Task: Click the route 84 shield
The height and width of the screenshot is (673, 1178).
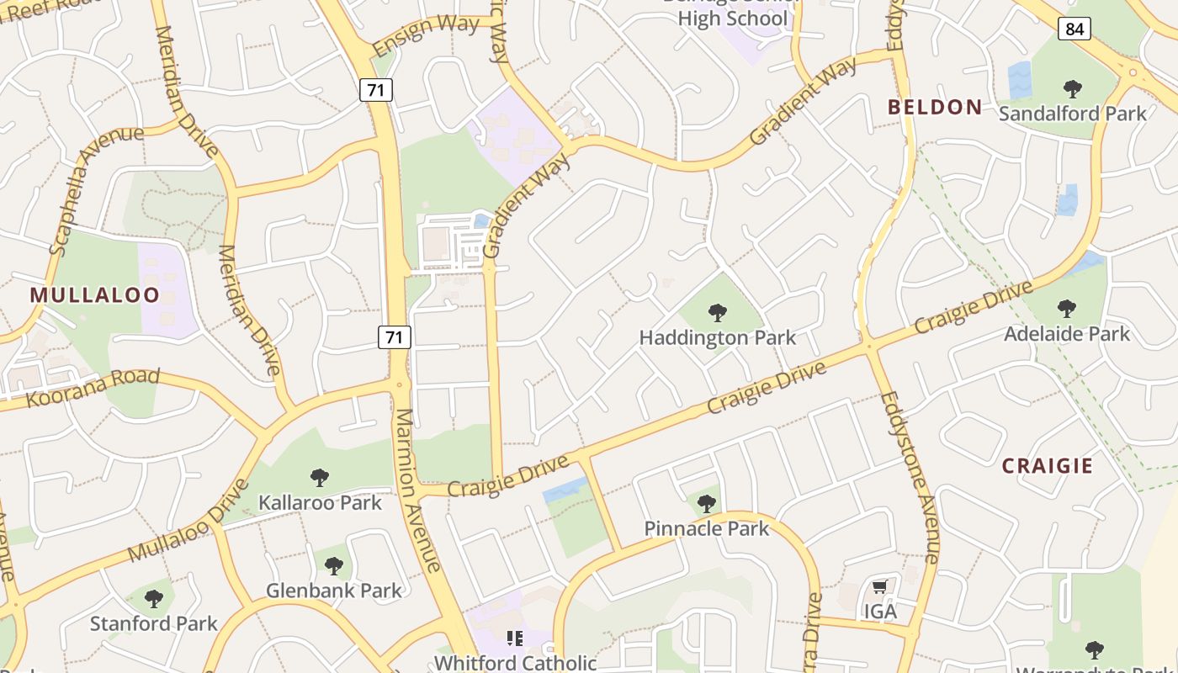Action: pos(1075,29)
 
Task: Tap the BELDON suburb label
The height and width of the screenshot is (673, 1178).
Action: pos(935,107)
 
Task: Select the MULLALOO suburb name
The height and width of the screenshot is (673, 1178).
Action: pos(94,295)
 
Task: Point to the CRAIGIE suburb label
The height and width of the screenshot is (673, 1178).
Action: pos(1047,466)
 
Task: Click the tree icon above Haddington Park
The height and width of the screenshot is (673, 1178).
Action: pos(718,314)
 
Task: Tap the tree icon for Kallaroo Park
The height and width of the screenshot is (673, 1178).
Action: pos(320,478)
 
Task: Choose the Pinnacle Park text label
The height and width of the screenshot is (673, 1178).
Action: pos(706,528)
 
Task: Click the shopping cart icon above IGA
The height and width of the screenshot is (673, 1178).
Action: pos(880,586)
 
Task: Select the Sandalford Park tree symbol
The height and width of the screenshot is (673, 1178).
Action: pos(1072,88)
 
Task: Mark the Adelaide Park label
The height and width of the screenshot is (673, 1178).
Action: pos(1067,334)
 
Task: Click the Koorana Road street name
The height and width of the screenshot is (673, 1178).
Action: pos(93,387)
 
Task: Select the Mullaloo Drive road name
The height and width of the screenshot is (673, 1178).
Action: pos(189,522)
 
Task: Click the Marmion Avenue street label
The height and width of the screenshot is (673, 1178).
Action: pos(417,490)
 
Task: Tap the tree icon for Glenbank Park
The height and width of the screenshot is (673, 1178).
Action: pos(334,565)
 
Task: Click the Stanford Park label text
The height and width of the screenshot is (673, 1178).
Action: pos(154,623)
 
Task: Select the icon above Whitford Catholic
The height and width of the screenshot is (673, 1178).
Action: pos(514,639)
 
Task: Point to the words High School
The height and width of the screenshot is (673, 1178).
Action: pos(732,19)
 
